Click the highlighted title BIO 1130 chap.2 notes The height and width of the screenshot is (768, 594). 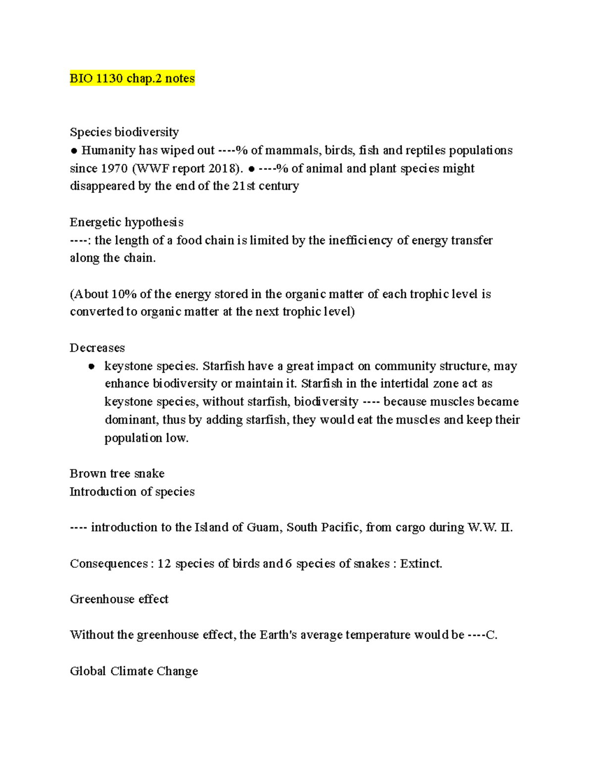tap(132, 78)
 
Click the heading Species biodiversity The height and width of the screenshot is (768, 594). tap(124, 132)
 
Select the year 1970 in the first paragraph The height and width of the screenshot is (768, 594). tap(114, 169)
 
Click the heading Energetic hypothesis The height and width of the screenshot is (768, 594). tap(126, 222)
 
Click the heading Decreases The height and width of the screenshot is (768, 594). tap(97, 348)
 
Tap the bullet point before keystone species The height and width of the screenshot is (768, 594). tap(91, 366)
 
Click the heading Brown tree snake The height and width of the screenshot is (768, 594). tap(117, 473)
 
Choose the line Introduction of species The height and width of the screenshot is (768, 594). tap(132, 492)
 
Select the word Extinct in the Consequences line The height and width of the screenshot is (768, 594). tap(421, 564)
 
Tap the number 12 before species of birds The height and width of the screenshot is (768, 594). tap(164, 564)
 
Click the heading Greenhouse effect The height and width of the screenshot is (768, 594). tap(119, 599)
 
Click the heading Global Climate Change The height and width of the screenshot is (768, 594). tap(134, 671)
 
